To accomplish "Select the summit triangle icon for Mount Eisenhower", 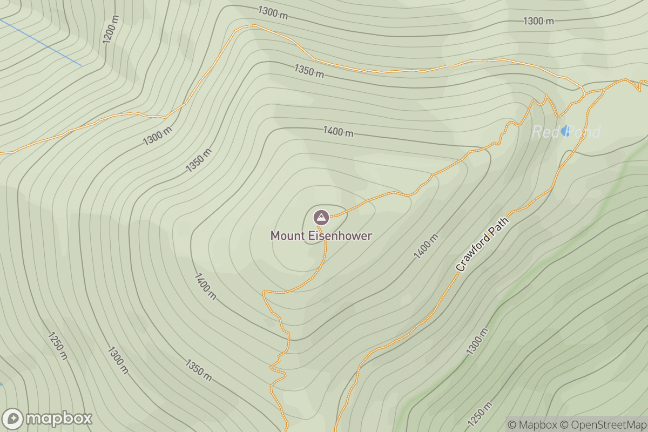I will click(x=321, y=218).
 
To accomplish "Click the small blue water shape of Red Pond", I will click(x=564, y=130).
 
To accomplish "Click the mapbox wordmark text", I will click(x=59, y=418).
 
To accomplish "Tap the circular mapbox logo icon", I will click(x=12, y=419).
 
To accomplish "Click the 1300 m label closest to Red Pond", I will click(x=538, y=21).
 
